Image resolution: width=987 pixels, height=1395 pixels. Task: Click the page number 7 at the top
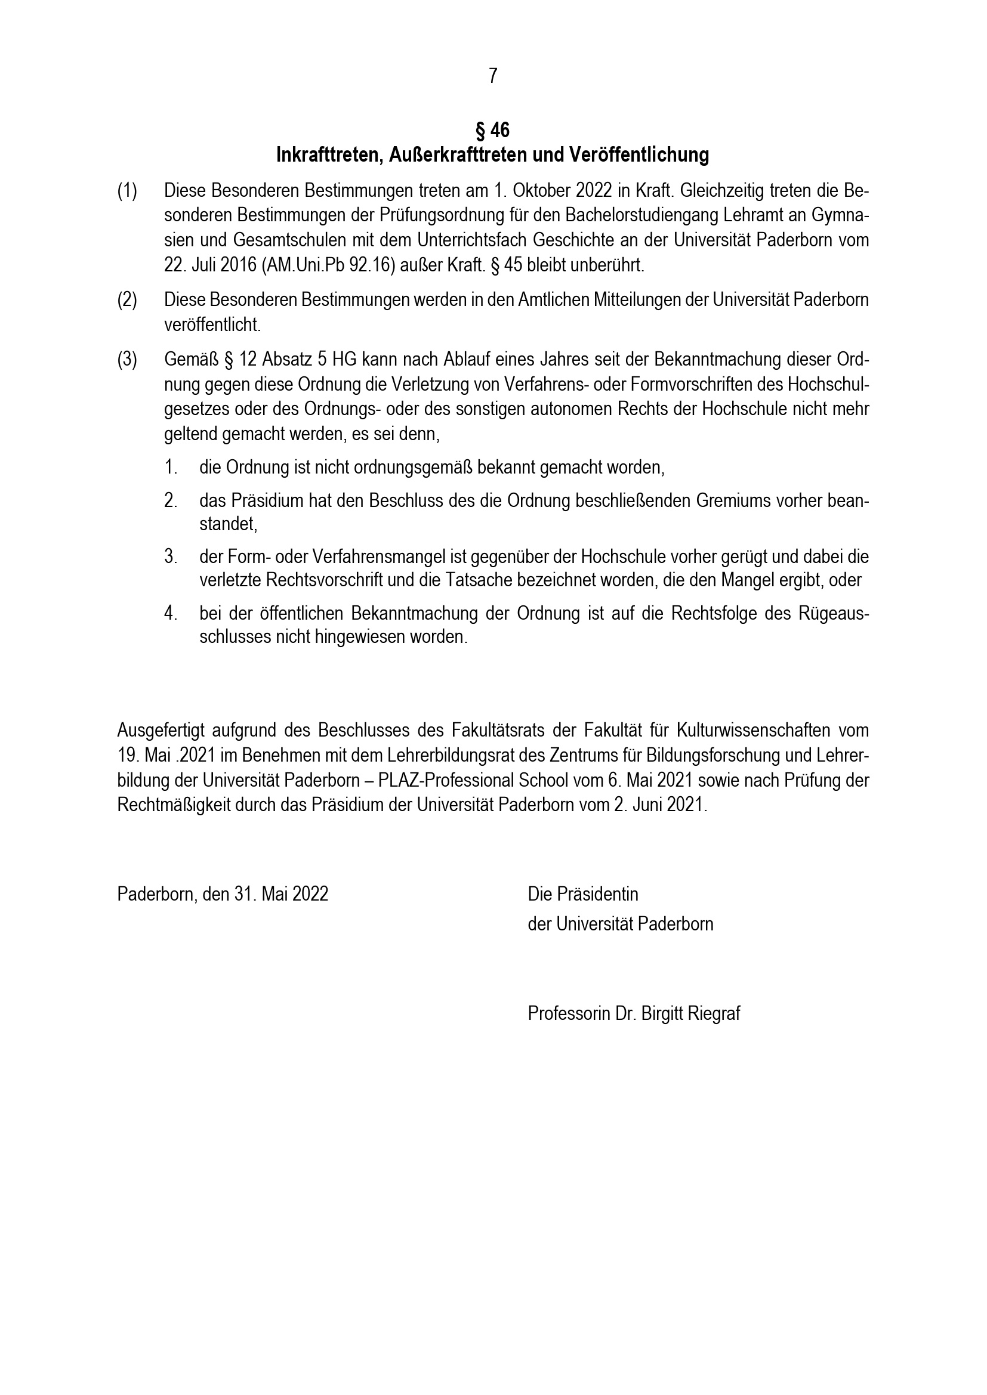[493, 76]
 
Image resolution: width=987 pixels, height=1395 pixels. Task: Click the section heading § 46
[493, 130]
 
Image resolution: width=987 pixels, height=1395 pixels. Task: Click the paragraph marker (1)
[127, 191]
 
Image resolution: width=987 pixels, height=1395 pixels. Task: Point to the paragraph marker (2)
[127, 300]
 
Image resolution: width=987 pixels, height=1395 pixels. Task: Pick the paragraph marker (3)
[127, 360]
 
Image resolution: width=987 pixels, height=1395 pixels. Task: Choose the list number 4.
[170, 613]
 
